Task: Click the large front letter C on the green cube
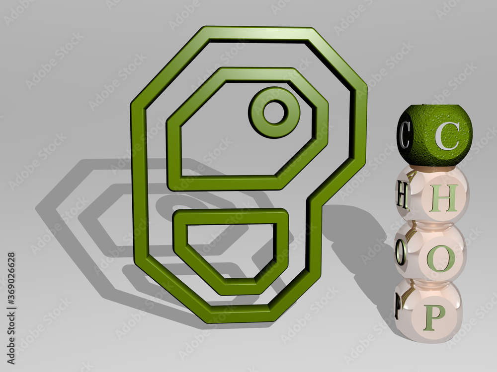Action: click(x=446, y=136)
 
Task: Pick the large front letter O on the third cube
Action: click(x=440, y=258)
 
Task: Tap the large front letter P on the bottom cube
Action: click(x=434, y=317)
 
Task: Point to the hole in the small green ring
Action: click(x=274, y=112)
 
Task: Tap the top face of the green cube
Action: click(x=432, y=112)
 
